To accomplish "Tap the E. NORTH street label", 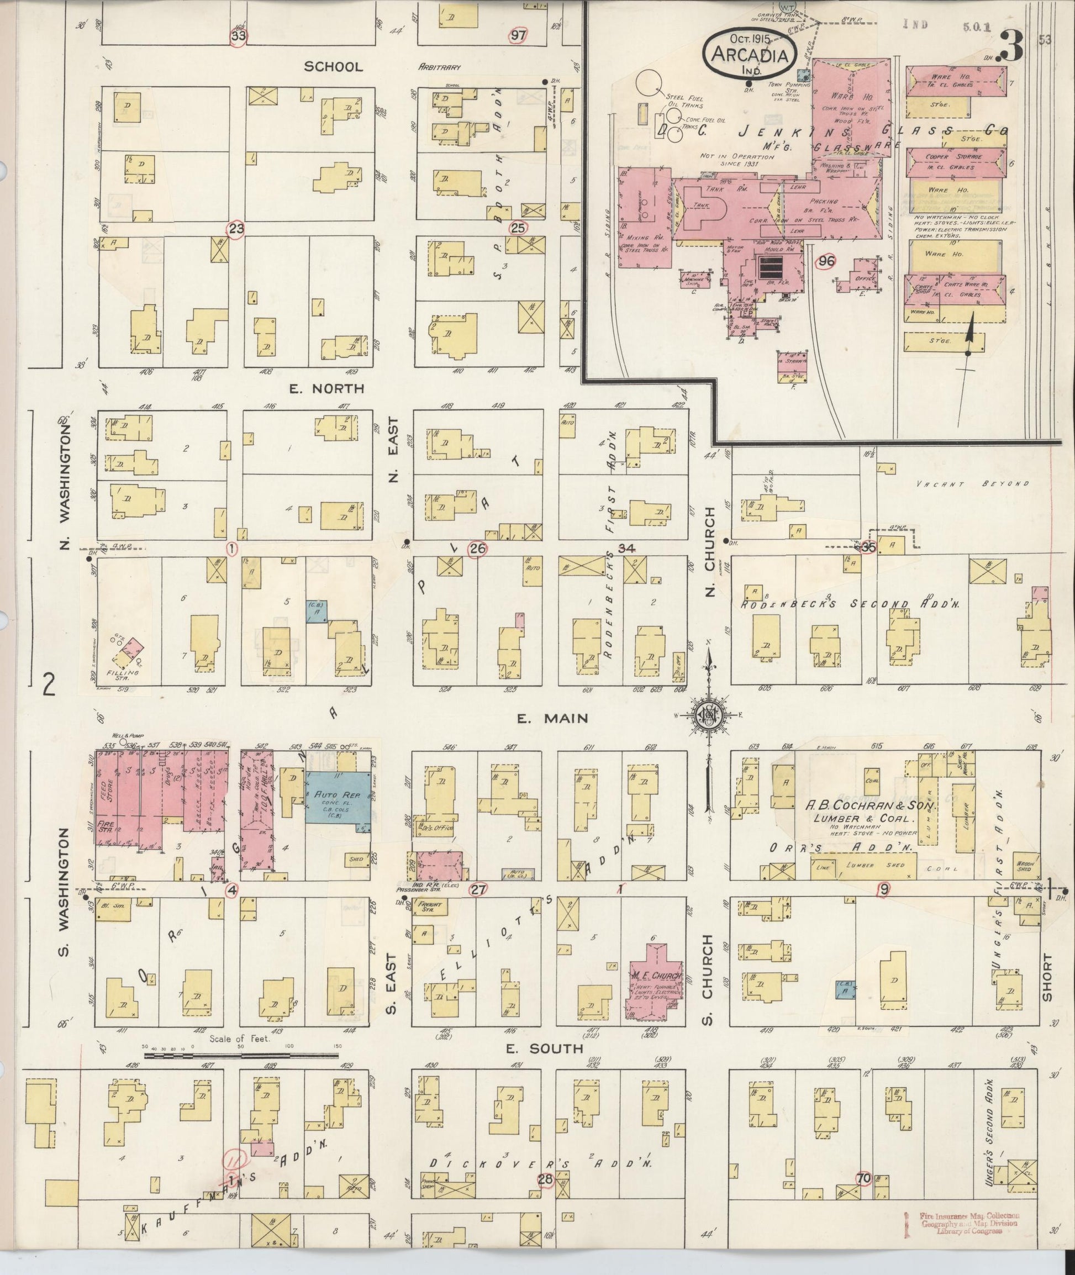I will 326,389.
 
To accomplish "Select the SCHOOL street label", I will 333,66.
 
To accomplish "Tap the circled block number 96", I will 826,261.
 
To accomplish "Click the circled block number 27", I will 478,889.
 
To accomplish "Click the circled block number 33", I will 240,36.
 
